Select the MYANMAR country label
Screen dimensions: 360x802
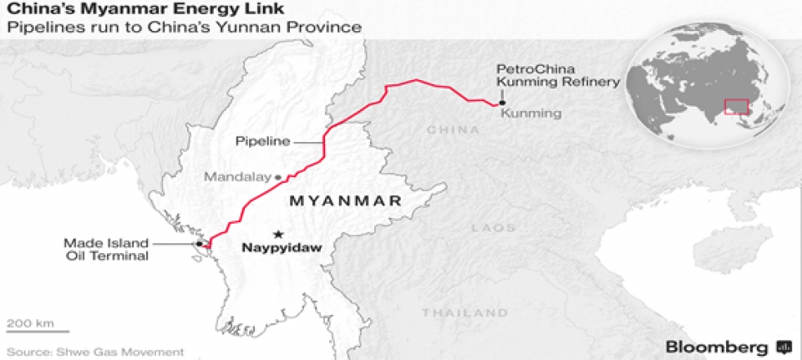click(344, 202)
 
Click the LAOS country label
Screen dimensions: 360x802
click(488, 227)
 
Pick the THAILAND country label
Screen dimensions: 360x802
click(453, 312)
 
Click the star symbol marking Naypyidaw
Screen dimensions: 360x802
click(278, 233)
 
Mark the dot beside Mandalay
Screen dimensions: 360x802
click(278, 177)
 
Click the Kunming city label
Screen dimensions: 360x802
click(530, 112)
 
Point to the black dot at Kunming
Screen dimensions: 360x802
click(500, 104)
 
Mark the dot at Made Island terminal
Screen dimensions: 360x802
click(199, 244)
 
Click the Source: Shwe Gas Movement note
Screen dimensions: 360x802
click(94, 352)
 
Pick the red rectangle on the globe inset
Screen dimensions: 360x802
click(736, 106)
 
